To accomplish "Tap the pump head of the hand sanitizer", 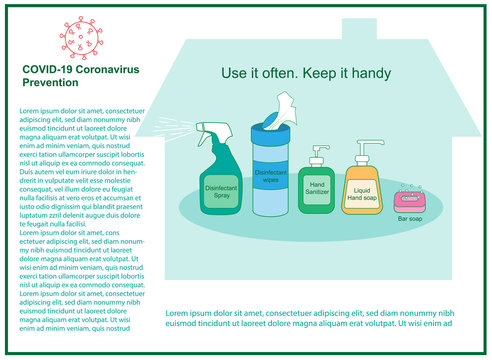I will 319,152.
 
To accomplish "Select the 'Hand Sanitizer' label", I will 318,187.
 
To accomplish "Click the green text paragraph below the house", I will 308,316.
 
